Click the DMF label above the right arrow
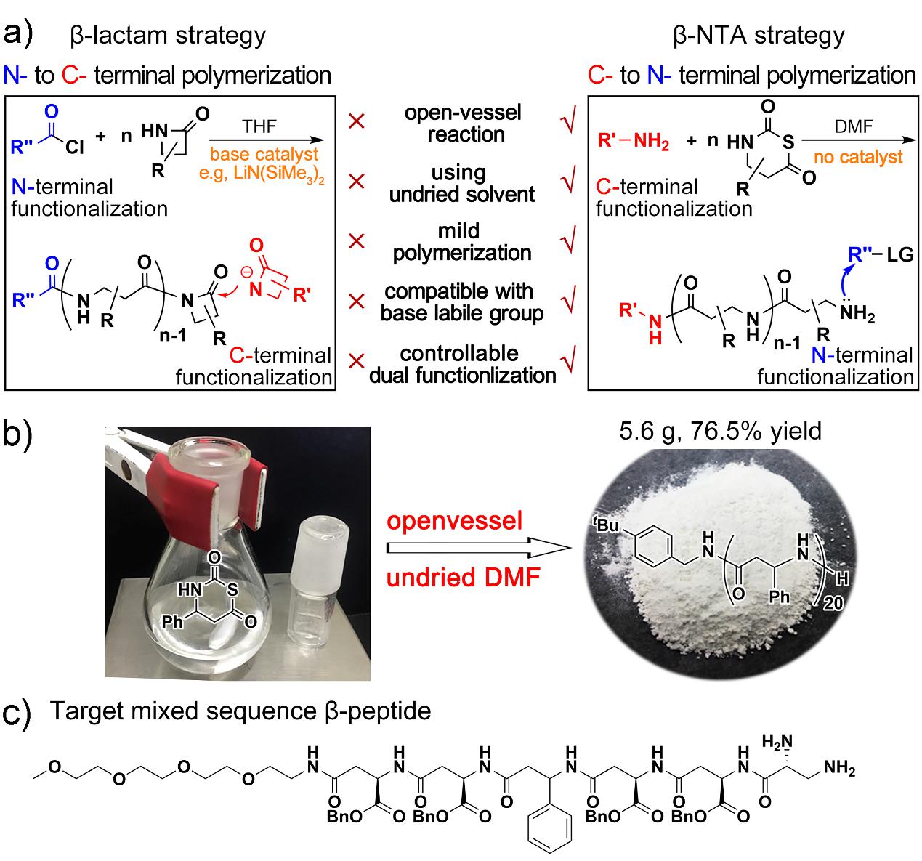[853, 127]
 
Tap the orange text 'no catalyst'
[858, 157]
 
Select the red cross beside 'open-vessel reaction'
[356, 122]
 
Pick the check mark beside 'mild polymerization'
[570, 240]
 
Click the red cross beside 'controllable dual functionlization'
[356, 361]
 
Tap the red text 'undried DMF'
[454, 578]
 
